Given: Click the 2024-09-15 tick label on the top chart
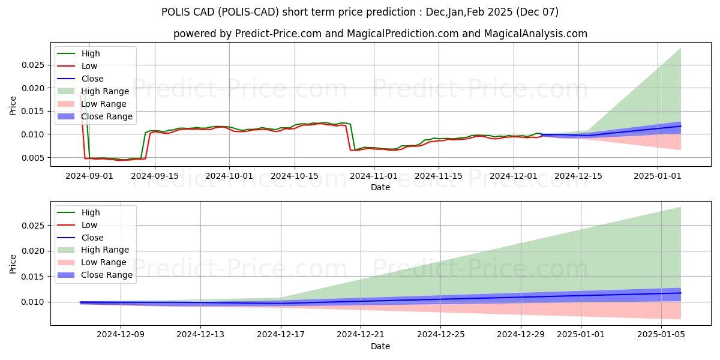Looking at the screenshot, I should coord(155,176).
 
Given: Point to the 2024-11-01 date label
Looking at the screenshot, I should coord(374,176).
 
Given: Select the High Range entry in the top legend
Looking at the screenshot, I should coord(105,91).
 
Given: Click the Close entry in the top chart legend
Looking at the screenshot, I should coord(92,79).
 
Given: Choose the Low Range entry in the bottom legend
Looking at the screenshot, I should coord(104,262).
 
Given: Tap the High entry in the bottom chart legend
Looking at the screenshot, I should coord(91,212).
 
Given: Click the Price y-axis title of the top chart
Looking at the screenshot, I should coord(13,105).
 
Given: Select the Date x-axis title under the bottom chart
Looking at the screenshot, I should coord(380,346).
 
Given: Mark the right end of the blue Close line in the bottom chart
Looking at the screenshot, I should coord(680,293).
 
